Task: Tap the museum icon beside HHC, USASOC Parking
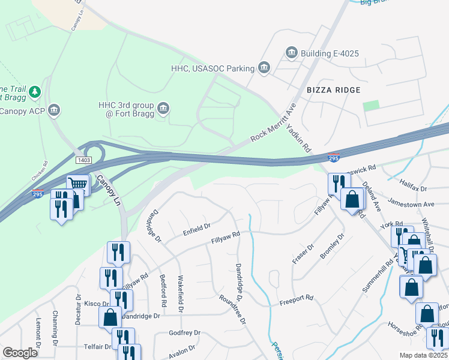pos(263,68)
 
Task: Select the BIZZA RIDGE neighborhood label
pos(334,89)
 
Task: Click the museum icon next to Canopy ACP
pos(54,110)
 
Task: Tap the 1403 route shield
pos(83,160)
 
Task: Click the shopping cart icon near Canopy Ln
pos(77,185)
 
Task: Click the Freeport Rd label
pos(297,298)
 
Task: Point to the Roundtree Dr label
pos(233,310)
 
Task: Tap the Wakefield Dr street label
pos(179,293)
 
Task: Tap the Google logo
pos(20,353)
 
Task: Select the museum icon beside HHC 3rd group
pos(163,109)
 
